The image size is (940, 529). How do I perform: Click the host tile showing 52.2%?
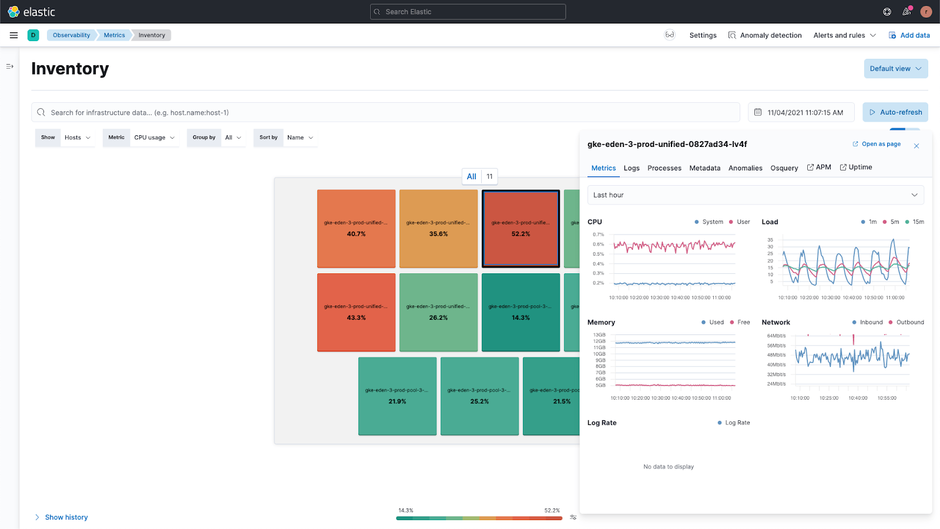[x=521, y=229]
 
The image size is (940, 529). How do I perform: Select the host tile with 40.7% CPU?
[x=356, y=229]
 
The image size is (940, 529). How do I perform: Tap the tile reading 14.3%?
[x=521, y=312]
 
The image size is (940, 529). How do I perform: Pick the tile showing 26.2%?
[x=438, y=312]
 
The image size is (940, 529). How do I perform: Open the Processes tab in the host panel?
[x=664, y=168]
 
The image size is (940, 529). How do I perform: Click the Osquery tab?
[x=784, y=168]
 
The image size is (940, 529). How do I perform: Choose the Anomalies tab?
[x=745, y=168]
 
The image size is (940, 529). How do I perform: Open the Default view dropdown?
[x=895, y=69]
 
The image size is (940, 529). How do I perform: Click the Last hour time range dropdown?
[x=755, y=195]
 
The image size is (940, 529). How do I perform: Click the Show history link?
[x=66, y=517]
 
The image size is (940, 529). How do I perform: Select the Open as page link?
[x=877, y=144]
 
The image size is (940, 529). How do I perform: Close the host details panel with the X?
[x=916, y=146]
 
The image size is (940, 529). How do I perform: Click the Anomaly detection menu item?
[x=765, y=35]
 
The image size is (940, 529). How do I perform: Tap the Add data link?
[x=909, y=35]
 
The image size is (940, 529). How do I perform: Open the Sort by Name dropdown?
[x=300, y=138]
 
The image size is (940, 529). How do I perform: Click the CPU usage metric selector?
[x=154, y=138]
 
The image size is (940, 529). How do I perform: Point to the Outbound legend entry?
[x=907, y=322]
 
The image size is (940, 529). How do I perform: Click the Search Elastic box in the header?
[x=468, y=12]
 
